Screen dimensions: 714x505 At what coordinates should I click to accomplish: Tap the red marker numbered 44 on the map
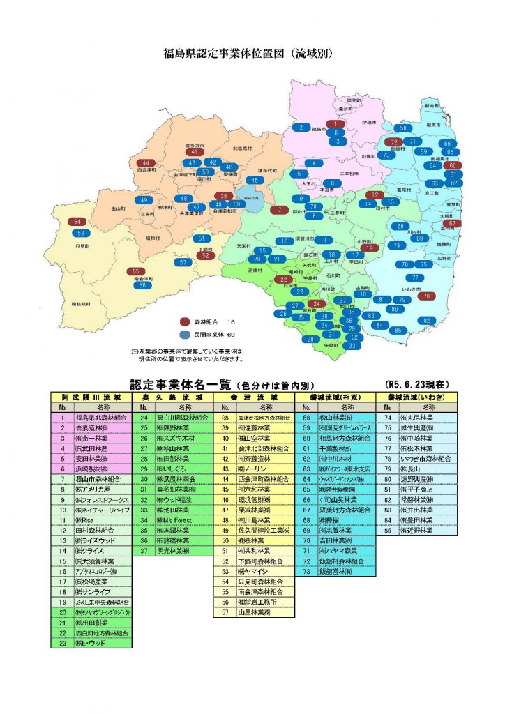click(146, 162)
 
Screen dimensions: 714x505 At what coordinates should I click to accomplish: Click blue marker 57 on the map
click(183, 262)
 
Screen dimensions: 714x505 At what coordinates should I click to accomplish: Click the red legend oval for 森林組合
click(185, 322)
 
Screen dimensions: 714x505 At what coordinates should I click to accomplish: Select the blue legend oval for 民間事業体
click(185, 335)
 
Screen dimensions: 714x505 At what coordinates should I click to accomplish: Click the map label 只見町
click(82, 246)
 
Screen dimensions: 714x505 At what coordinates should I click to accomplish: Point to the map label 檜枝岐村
click(82, 304)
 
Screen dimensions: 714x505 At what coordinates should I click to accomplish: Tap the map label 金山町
click(117, 208)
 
